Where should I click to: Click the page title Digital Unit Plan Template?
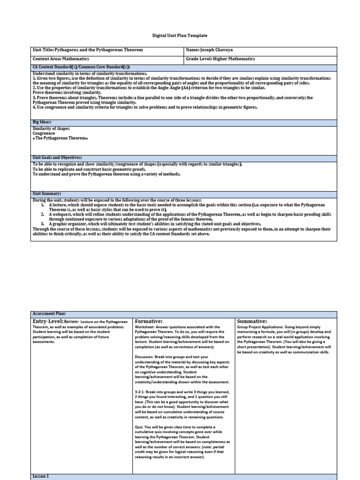point(180,36)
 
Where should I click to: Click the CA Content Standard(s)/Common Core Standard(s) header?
point(81,67)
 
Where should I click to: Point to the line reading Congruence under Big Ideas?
point(44,133)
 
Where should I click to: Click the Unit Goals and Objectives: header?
point(57,158)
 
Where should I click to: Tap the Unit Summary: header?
point(47,193)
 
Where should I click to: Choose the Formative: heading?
point(149,321)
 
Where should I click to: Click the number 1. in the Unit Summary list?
point(42,205)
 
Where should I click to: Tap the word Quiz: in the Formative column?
point(139,427)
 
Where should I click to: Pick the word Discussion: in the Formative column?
point(146,357)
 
